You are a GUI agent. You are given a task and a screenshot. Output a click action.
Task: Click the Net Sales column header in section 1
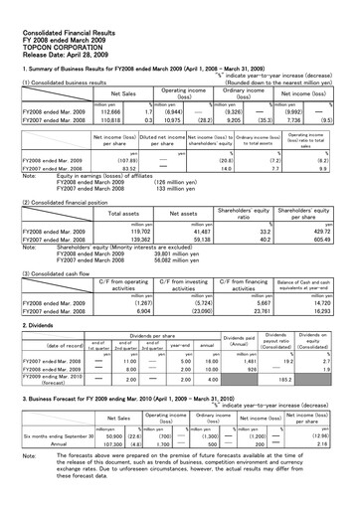tap(123, 92)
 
